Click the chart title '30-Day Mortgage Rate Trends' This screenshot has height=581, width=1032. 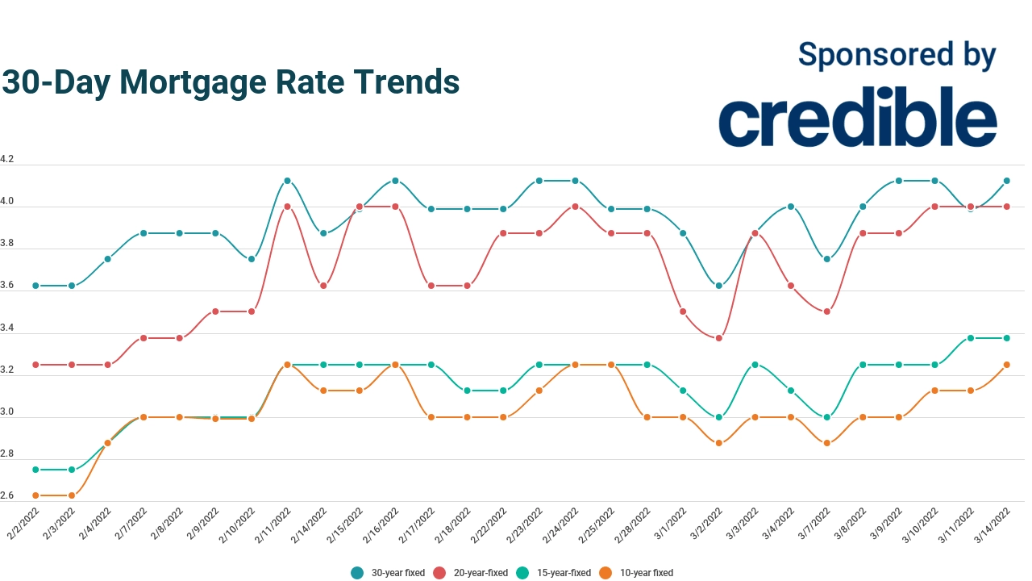231,82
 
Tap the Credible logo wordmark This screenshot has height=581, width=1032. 857,122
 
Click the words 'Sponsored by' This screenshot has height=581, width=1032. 897,54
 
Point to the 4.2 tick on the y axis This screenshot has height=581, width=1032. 7,160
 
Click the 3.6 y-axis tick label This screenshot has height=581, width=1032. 7,286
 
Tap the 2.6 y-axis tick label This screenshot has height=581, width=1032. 7,495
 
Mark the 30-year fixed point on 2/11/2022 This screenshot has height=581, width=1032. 287,181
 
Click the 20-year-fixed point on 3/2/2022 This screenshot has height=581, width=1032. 718,338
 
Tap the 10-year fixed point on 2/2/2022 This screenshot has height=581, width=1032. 35,495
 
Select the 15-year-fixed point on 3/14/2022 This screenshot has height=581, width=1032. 1007,338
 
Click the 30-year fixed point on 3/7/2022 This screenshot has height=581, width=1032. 826,259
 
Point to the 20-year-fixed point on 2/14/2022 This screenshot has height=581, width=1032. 323,286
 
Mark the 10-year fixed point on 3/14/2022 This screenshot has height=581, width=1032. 1007,365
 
